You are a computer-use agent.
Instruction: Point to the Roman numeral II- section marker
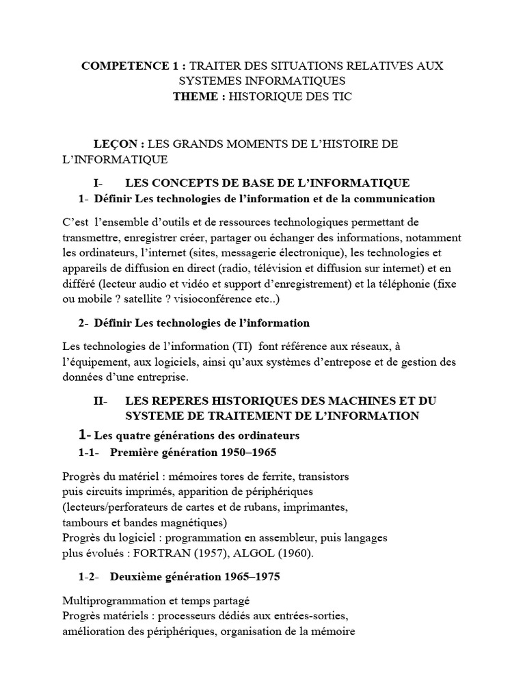tap(101, 401)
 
